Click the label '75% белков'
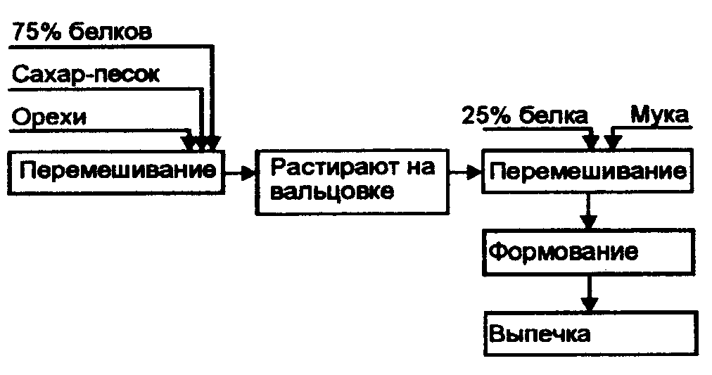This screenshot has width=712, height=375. point(82,32)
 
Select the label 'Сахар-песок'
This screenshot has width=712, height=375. point(86,75)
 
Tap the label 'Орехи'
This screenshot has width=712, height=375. point(50,116)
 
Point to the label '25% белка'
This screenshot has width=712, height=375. point(524,116)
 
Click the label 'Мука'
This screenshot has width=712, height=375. point(659,115)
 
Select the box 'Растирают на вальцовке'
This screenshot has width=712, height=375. point(350,180)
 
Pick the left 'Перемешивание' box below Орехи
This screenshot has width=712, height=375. point(115,171)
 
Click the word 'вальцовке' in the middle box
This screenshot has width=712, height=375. point(331,192)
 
